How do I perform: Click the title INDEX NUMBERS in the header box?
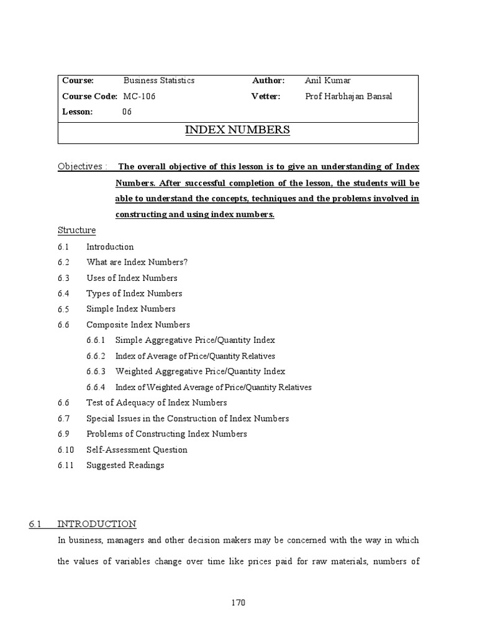tap(238, 130)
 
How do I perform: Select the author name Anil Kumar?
tap(328, 81)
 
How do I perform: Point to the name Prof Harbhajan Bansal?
tap(349, 96)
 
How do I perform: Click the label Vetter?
tap(266, 96)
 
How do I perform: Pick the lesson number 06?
tap(127, 112)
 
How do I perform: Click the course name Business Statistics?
tap(159, 81)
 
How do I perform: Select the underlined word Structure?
tap(77, 231)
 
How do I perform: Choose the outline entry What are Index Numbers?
tap(137, 262)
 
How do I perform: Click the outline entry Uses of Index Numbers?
tap(132, 278)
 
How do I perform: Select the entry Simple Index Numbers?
tap(131, 309)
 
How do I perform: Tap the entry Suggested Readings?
tap(125, 465)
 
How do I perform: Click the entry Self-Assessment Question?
tap(137, 450)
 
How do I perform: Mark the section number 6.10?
tap(65, 450)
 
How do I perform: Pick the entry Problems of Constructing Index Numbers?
tap(166, 434)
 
